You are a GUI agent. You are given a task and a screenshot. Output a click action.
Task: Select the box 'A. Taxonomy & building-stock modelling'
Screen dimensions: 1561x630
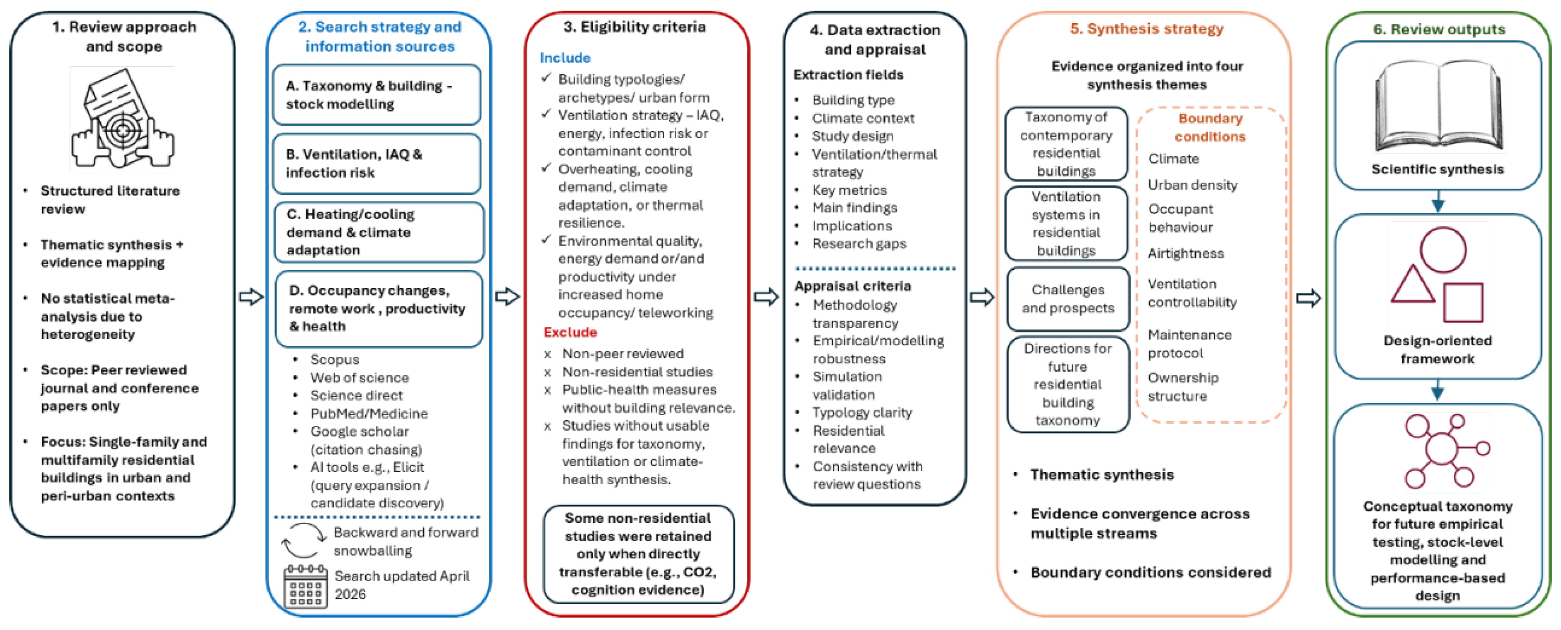(x=377, y=95)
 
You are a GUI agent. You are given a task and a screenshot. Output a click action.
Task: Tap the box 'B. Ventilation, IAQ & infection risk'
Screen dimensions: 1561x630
(x=377, y=164)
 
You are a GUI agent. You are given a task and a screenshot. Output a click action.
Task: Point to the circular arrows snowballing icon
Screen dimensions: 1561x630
(x=303, y=540)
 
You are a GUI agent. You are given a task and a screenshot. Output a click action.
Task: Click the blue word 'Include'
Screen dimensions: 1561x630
(x=565, y=57)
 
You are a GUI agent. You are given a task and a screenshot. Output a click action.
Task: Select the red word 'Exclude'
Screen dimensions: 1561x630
(x=570, y=332)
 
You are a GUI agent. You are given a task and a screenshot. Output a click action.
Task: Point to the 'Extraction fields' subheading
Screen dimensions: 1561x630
(x=848, y=75)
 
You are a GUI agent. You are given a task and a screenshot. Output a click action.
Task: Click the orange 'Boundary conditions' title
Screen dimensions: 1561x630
(x=1210, y=127)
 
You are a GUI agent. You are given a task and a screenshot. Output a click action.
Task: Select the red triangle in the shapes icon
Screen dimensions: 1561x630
(x=1412, y=285)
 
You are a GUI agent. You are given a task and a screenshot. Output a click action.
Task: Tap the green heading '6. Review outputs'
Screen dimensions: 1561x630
(x=1439, y=28)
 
